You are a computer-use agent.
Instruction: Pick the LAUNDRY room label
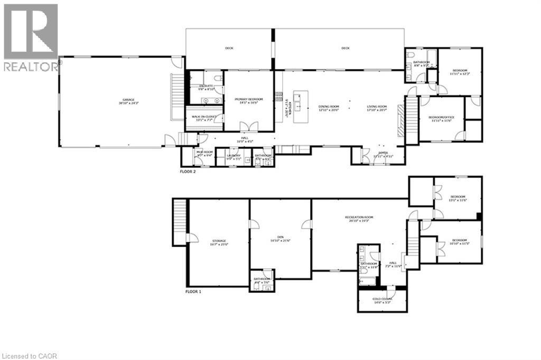(233, 157)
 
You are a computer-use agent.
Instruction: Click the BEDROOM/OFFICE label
(441, 118)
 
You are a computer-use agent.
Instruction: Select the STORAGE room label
(219, 242)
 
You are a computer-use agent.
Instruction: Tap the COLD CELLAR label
(384, 300)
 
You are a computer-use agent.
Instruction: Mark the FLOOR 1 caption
(193, 291)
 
